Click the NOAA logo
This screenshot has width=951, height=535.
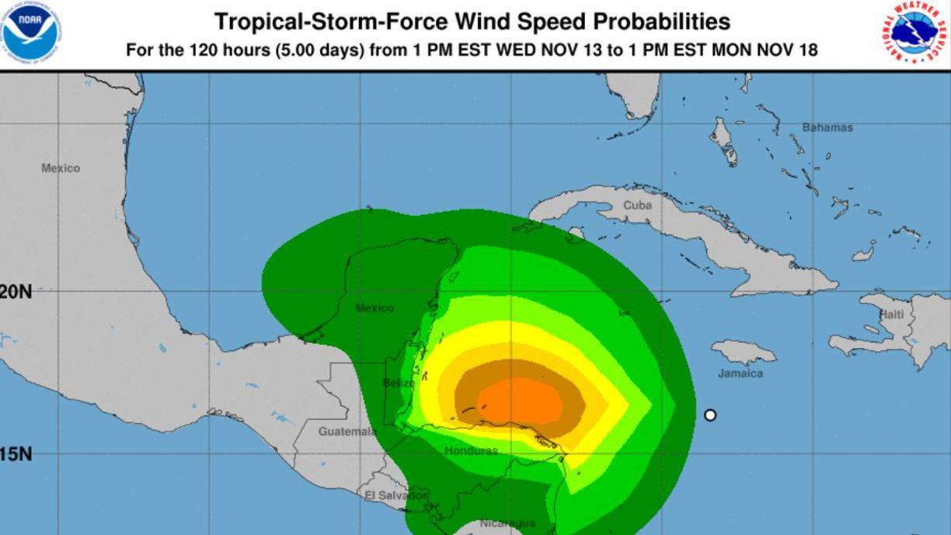pyautogui.click(x=31, y=32)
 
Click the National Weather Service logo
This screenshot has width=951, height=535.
pyautogui.click(x=917, y=32)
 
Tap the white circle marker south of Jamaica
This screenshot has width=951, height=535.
pyautogui.click(x=709, y=415)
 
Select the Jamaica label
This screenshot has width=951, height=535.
pyautogui.click(x=740, y=373)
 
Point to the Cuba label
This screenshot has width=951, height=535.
pyautogui.click(x=637, y=206)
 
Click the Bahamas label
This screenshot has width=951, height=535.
pyautogui.click(x=827, y=127)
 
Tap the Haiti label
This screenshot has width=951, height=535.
pyautogui.click(x=891, y=314)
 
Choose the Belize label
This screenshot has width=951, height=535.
pyautogui.click(x=399, y=383)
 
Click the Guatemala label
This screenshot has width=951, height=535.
pyautogui.click(x=347, y=432)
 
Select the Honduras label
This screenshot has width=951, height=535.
pyautogui.click(x=471, y=450)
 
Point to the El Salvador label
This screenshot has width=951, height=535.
pyautogui.click(x=395, y=495)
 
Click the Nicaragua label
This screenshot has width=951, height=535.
pyautogui.click(x=507, y=523)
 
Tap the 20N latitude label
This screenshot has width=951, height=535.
pyautogui.click(x=16, y=292)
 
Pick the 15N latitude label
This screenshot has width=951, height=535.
pyautogui.click(x=16, y=453)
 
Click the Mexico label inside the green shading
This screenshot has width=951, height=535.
pyautogui.click(x=374, y=308)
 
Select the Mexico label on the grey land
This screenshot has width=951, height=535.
pyautogui.click(x=61, y=168)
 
